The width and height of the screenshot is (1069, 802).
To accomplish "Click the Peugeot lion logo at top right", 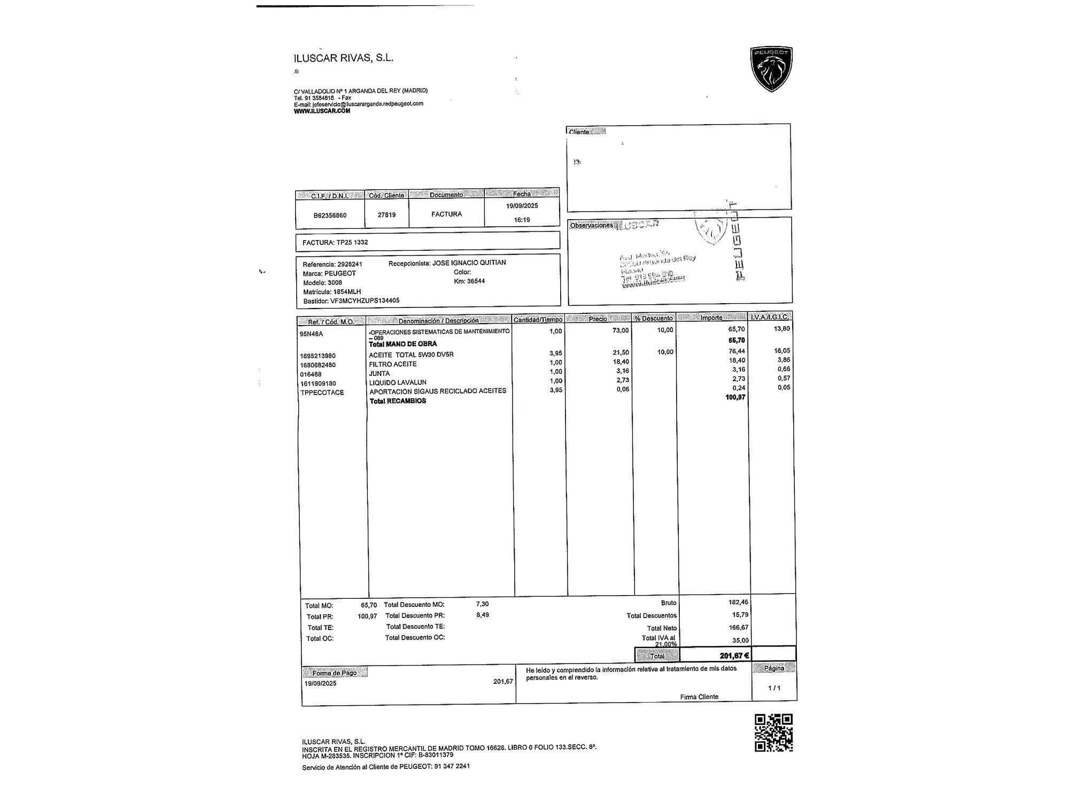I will (x=771, y=69).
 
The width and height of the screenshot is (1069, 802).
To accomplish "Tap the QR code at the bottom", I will (x=773, y=732).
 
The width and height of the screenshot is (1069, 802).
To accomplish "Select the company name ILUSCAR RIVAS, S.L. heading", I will (x=344, y=58).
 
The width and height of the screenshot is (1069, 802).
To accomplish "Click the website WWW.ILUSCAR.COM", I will (x=322, y=111).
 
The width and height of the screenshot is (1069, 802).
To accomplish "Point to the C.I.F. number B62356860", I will (x=330, y=215).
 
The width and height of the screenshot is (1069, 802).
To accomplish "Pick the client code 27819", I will (x=386, y=215).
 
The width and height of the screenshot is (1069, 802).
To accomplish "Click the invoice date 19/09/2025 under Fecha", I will (x=522, y=206).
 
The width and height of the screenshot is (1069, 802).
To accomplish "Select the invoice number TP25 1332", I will (x=352, y=242).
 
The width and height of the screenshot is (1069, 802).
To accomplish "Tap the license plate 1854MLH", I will (x=347, y=292).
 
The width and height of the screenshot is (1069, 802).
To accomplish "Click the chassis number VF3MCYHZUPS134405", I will (x=365, y=301).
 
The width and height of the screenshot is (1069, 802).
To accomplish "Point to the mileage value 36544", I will (x=476, y=281).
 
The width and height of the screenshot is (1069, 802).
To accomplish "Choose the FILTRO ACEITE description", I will (x=392, y=364).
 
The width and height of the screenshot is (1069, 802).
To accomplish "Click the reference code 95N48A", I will (x=311, y=334).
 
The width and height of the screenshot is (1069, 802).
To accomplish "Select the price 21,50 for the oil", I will (x=621, y=353).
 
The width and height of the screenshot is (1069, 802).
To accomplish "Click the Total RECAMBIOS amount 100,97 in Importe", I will (x=735, y=397).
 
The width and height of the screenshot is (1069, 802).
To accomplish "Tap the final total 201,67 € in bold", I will (x=734, y=656).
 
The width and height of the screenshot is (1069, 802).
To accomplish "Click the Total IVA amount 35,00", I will (x=740, y=641).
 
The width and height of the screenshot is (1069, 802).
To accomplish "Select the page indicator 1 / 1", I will (x=773, y=688).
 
